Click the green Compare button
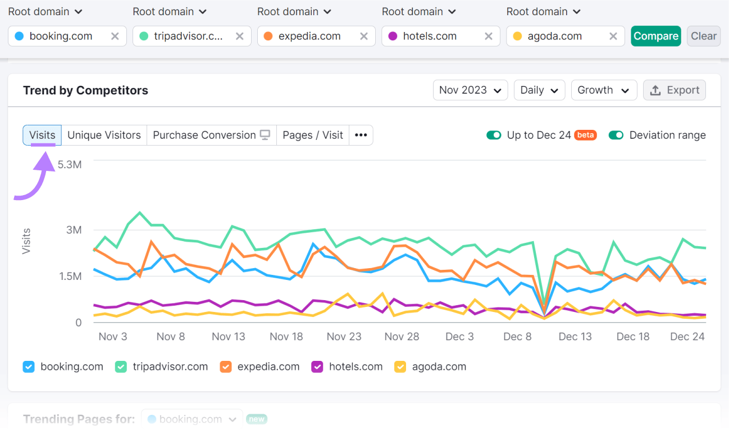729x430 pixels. (655, 36)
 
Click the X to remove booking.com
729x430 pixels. (115, 36)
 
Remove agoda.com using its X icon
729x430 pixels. (613, 36)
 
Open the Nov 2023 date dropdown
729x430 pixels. (470, 90)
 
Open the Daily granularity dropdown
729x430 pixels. (539, 90)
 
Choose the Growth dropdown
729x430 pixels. (603, 90)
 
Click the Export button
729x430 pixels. (674, 90)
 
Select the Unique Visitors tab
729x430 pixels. (104, 135)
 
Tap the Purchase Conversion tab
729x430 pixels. (211, 135)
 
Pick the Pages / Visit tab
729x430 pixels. (313, 135)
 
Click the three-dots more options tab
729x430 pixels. (361, 135)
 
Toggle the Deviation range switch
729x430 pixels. (616, 135)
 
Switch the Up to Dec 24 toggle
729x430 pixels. (494, 135)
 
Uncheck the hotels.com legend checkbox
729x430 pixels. (317, 367)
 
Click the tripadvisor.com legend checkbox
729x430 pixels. (121, 367)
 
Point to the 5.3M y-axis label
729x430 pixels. (70, 165)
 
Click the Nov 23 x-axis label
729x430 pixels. (344, 336)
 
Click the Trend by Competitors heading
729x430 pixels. (85, 90)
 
